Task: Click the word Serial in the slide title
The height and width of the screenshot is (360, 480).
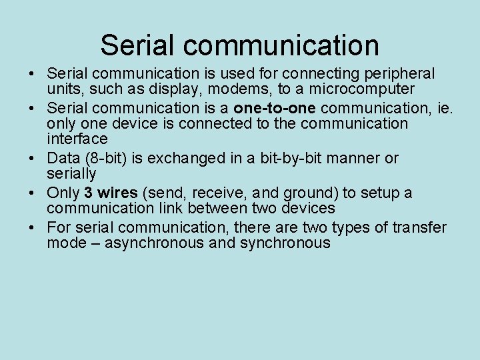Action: tap(137, 45)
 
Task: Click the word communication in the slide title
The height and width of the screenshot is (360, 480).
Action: tap(281, 45)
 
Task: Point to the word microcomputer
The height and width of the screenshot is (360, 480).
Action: tap(366, 89)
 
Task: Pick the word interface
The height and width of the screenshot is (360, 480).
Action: tap(77, 139)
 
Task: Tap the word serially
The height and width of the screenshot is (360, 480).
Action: tap(71, 173)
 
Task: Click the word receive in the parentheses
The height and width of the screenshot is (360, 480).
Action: tap(219, 193)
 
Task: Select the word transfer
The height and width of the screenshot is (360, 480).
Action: tap(419, 227)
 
